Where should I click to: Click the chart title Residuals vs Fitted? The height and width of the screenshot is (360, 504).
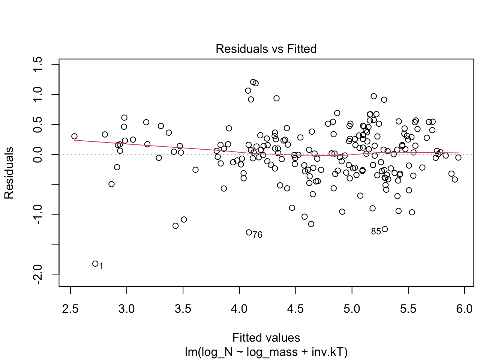pyautogui.click(x=266, y=49)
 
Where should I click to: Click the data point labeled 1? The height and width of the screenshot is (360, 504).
pyautogui.click(x=95, y=264)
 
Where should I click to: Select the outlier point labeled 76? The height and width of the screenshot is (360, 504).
pyautogui.click(x=249, y=232)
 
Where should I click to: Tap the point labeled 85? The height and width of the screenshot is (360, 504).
pyautogui.click(x=384, y=229)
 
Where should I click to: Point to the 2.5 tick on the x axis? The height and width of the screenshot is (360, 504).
pyautogui.click(x=70, y=309)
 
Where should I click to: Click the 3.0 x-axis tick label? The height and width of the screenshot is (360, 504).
pyautogui.click(x=126, y=309)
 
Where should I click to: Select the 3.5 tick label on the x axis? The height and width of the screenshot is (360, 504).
pyautogui.click(x=183, y=309)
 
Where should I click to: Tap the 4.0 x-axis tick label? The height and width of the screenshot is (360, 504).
pyautogui.click(x=239, y=309)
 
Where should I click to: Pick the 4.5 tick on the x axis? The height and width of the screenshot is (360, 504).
pyautogui.click(x=295, y=309)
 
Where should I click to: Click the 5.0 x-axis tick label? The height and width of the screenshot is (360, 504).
pyautogui.click(x=352, y=309)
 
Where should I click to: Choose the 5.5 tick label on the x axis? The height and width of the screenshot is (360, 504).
pyautogui.click(x=408, y=309)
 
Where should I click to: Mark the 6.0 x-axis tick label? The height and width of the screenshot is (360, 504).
pyautogui.click(x=464, y=309)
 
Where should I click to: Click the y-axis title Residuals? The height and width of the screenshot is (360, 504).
pyautogui.click(x=9, y=173)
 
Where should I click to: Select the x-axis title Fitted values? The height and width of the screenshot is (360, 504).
pyautogui.click(x=266, y=337)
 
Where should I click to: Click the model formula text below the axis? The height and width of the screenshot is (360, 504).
pyautogui.click(x=266, y=352)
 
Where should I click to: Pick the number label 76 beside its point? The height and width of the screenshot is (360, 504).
pyautogui.click(x=257, y=235)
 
